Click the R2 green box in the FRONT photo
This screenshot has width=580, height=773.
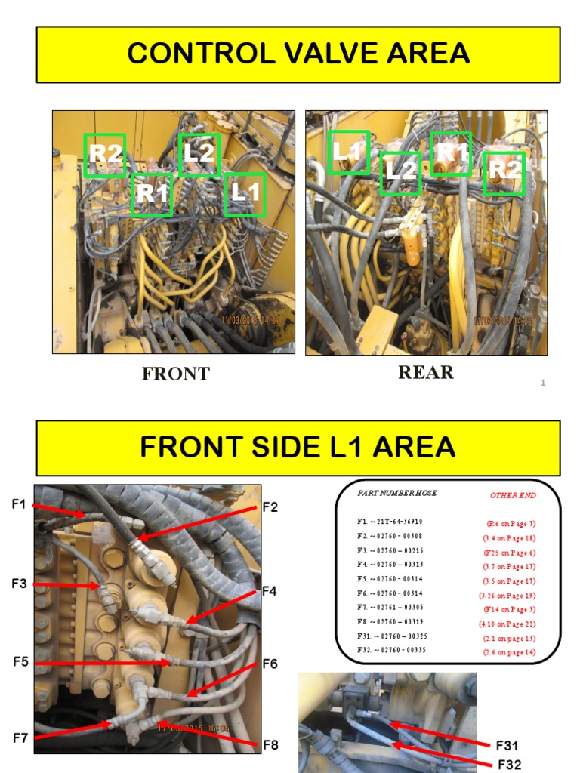click(104, 155)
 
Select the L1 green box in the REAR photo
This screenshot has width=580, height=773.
click(349, 152)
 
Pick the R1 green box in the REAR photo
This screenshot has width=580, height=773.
click(451, 153)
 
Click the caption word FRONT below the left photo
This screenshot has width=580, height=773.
click(175, 374)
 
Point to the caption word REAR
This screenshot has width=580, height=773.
click(426, 372)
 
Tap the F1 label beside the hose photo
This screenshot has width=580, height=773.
click(20, 504)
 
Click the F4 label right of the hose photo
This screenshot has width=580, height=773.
click(270, 591)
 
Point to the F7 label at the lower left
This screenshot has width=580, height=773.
click(20, 738)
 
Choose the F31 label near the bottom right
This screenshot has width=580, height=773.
click(509, 746)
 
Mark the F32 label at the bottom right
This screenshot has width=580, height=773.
click(509, 764)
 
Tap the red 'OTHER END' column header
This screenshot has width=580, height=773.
click(513, 496)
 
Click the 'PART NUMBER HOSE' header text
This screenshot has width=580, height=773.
click(397, 493)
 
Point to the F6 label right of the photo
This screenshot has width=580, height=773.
click(270, 664)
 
